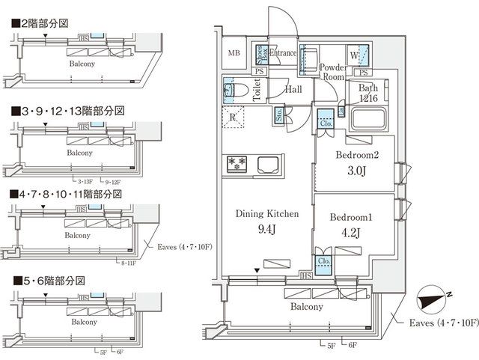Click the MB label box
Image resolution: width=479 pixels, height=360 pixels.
pyautogui.click(x=234, y=52)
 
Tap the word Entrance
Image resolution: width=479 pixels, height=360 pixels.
pyautogui.click(x=284, y=53)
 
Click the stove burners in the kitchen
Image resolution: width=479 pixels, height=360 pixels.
pyautogui.click(x=237, y=162)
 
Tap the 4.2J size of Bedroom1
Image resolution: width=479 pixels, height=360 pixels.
pyautogui.click(x=352, y=231)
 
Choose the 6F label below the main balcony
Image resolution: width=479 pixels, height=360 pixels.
pyautogui.click(x=353, y=344)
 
